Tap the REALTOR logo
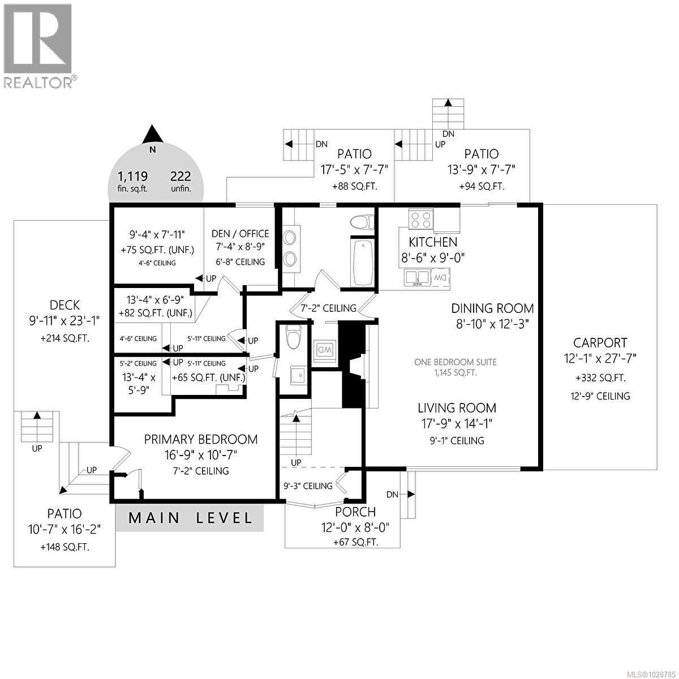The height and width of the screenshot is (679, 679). tap(38, 45)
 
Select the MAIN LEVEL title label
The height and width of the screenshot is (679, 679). tap(190, 518)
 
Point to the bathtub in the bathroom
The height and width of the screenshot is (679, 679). tap(362, 263)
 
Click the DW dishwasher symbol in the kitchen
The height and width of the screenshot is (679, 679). tap(441, 277)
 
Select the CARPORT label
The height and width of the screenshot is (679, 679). tap(600, 342)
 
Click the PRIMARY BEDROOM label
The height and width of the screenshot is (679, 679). tap(200, 439)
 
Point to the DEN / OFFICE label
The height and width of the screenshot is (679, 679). tap(240, 234)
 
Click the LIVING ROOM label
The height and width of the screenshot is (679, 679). tap(457, 408)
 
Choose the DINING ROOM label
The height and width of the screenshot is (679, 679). tap(492, 308)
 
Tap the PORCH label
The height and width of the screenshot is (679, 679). tap(355, 512)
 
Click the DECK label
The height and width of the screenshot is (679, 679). tap(64, 305)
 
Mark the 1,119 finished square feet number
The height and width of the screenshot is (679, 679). tap(132, 176)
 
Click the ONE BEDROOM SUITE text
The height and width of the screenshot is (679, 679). tap(455, 362)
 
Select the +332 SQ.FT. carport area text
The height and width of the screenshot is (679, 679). tap(600, 378)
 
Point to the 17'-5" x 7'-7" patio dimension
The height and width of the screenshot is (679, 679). tap(354, 169)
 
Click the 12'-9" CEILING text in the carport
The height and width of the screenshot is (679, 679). tap(600, 396)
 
